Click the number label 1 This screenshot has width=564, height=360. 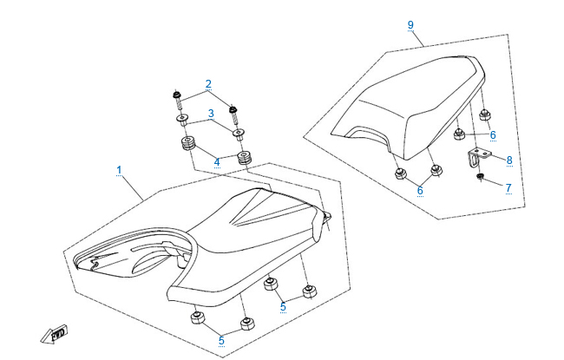119,171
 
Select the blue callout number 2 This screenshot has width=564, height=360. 208,84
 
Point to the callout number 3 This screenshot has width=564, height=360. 209,114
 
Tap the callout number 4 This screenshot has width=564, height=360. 216,161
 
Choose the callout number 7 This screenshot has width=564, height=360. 509,187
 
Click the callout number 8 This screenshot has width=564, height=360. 509,160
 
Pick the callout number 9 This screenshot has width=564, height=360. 410,25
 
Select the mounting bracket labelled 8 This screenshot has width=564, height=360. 478,157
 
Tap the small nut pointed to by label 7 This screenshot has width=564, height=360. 479,178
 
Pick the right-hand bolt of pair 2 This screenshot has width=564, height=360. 233,110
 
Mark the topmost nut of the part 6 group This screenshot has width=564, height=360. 484,115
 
